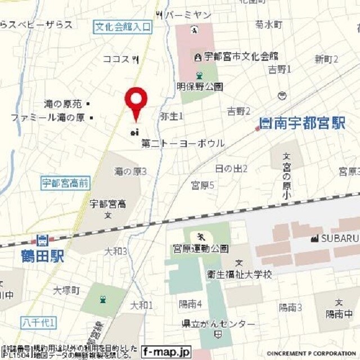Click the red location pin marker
coord(136,100)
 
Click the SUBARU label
coord(339,238)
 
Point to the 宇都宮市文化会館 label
coord(241,57)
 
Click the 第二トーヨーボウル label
coord(183,143)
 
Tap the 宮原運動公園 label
coord(200,248)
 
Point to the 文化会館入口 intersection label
coord(123,26)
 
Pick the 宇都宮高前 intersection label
coord(65,182)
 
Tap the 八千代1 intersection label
coord(39,322)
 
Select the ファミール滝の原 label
coord(48,118)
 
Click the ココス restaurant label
coord(116,58)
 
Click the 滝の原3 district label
coord(130,171)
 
